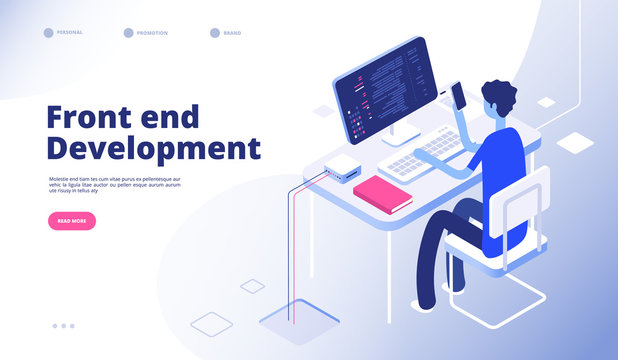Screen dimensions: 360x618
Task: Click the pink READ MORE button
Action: pos(72,221)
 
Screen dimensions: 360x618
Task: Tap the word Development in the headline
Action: pos(153,148)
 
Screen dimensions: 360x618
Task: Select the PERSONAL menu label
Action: pos(71,32)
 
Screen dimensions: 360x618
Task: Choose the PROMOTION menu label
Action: pos(152,33)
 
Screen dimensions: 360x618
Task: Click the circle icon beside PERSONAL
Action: pos(48,33)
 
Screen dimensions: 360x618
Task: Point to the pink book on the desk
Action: pos(382,193)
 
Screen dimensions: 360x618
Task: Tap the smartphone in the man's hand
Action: pos(459,94)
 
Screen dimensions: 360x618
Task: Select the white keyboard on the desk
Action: pos(420,157)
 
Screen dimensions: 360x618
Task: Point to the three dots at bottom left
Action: pos(64,325)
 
